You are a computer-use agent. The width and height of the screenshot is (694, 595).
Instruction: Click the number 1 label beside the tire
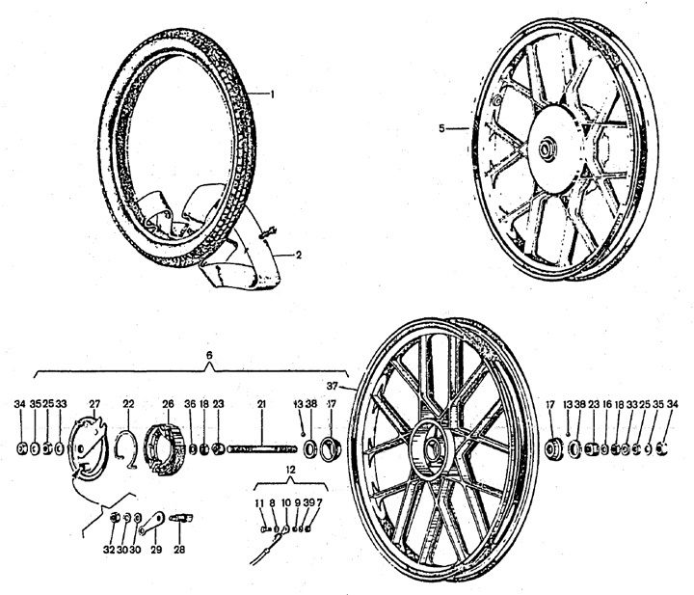click(273, 95)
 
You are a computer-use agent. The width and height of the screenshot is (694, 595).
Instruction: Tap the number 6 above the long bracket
click(210, 355)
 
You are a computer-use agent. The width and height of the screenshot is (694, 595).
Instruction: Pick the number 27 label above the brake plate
click(93, 403)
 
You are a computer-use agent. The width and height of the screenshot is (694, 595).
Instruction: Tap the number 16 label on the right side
click(606, 403)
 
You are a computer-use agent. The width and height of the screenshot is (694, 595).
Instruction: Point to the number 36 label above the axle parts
click(190, 403)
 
